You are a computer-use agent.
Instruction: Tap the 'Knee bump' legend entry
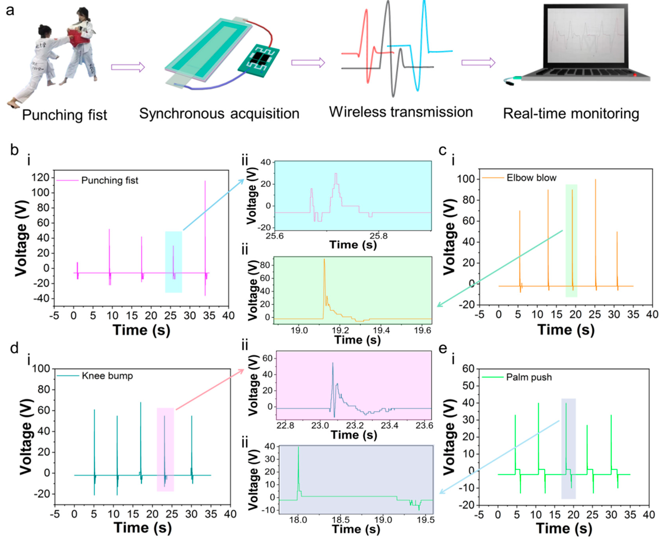(x=107, y=376)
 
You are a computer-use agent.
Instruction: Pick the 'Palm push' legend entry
(x=529, y=377)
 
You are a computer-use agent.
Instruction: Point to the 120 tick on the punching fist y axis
(x=40, y=178)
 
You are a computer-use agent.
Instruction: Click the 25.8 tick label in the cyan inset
(x=379, y=236)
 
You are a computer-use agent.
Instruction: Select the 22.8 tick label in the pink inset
(x=285, y=425)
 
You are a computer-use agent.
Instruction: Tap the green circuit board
(x=259, y=61)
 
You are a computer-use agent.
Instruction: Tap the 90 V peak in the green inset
(x=324, y=260)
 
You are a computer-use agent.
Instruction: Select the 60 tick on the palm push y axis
(x=468, y=369)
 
